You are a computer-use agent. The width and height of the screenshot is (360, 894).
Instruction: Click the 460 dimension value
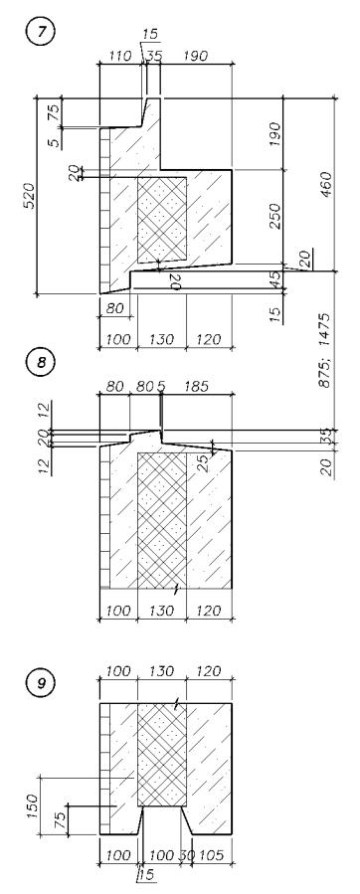[x=326, y=185]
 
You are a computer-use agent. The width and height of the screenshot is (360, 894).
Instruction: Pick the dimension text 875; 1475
[x=325, y=351]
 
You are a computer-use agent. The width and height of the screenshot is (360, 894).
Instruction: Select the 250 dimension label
[x=276, y=216]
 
